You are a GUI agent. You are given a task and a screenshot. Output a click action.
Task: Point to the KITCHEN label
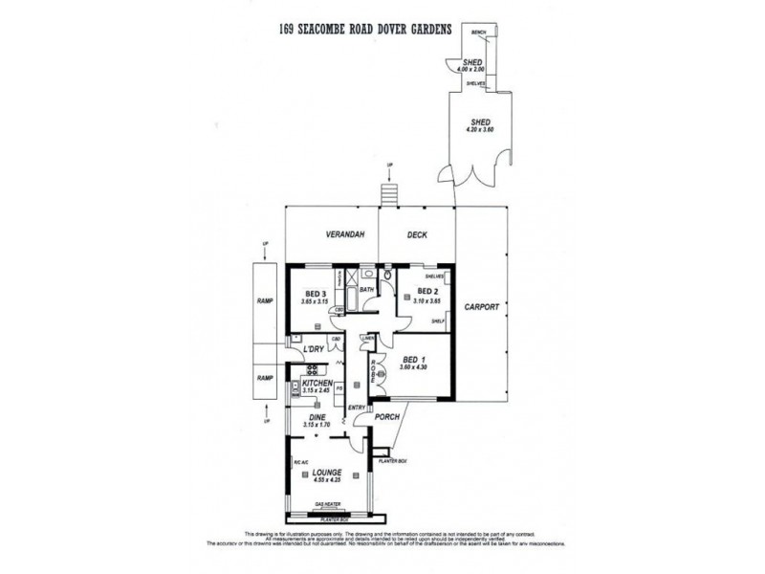coord(316,383)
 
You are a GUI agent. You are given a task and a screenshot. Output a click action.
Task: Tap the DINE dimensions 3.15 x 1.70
coord(316,424)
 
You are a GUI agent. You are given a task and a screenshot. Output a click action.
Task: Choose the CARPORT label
coord(478,308)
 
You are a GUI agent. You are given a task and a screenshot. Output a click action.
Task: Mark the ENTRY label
coord(357,408)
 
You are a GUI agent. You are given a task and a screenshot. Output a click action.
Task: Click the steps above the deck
coord(388,194)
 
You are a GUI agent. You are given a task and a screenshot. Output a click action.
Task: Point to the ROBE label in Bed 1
coord(374,368)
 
